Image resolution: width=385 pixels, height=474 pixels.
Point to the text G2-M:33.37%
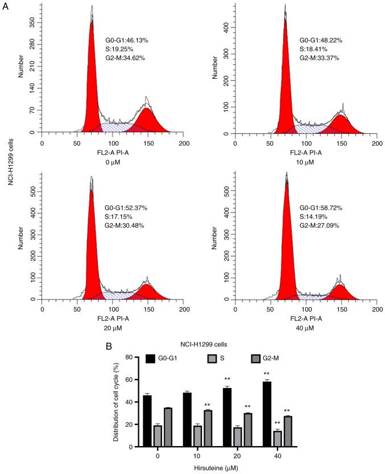(323, 58)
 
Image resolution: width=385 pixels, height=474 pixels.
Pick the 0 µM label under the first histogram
(112, 161)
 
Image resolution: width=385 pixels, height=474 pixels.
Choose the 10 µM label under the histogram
(306, 161)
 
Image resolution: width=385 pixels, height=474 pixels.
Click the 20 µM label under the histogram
(112, 329)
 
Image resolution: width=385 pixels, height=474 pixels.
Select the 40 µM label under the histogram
(306, 329)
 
